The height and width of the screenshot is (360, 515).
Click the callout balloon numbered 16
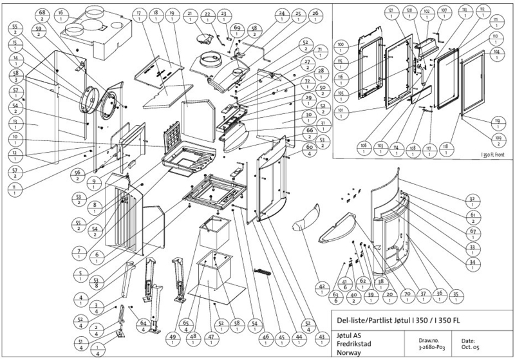click(x=61, y=13)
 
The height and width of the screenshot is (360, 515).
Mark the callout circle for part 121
click(x=391, y=12)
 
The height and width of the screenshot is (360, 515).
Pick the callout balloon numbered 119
click(x=496, y=122)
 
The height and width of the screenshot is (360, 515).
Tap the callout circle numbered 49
click(x=173, y=337)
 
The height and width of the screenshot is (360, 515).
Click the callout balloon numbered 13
click(x=14, y=122)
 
